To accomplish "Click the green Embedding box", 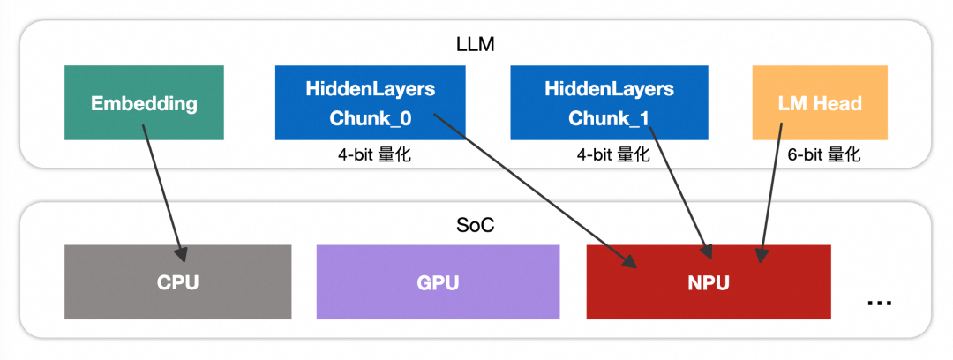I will [144, 102].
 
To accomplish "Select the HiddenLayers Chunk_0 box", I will [371, 102].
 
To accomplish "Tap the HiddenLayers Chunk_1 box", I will [609, 102].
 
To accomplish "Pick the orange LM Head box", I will [820, 102].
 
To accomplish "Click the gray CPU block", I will [177, 282].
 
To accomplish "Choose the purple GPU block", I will [438, 282].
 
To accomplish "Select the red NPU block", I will [709, 282].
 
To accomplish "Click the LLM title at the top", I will [476, 41].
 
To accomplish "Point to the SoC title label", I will [476, 224].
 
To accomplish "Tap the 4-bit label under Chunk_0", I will [371, 155].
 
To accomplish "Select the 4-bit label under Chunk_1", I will [609, 155].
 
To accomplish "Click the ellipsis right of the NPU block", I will [879, 301].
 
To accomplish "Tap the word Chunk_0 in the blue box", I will [371, 117].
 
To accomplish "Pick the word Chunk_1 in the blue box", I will [609, 117].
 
